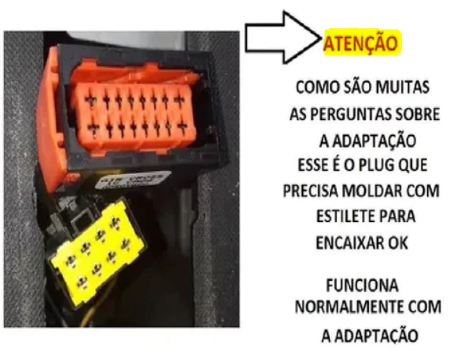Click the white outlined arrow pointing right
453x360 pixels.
click(x=282, y=38)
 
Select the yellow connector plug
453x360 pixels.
click(x=97, y=251)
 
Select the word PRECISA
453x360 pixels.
click(x=310, y=191)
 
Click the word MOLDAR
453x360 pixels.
click(x=371, y=191)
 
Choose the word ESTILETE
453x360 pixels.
click(x=345, y=216)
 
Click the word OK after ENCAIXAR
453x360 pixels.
click(x=398, y=243)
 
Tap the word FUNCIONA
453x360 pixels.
click(x=362, y=285)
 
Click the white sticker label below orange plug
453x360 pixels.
click(x=130, y=181)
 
